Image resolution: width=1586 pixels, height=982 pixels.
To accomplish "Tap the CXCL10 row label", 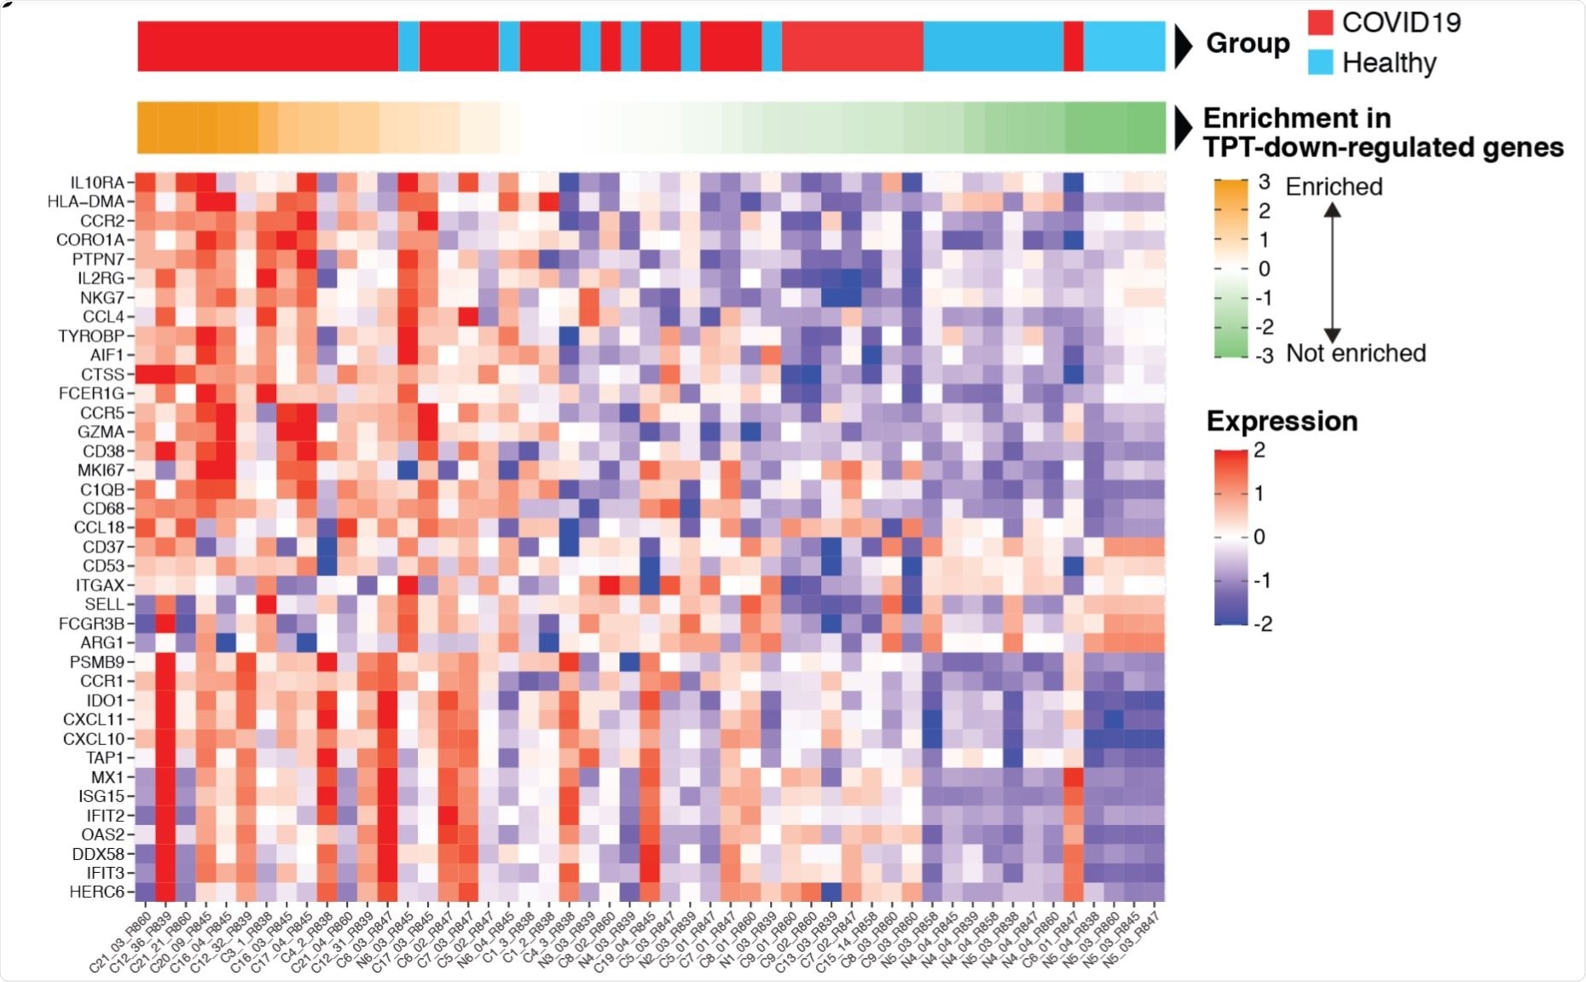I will coord(93,739).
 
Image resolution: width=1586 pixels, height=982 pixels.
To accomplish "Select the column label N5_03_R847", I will coord(1133,939).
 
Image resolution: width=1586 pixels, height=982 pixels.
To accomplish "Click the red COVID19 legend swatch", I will coord(1320,22).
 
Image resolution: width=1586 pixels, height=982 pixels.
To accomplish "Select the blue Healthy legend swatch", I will coord(1320,62).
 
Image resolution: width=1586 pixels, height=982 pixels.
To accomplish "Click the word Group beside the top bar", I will coord(1247,44).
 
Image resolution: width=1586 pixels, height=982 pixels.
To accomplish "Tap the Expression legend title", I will coord(1282,421).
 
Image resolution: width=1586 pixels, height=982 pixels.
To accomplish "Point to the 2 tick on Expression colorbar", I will coord(1259,450).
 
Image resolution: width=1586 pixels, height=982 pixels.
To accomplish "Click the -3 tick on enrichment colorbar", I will coord(1263,356).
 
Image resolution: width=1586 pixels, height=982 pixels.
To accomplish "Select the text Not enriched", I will coord(1356,353).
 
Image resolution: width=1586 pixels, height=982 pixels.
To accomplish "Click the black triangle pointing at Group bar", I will coord(1183,46).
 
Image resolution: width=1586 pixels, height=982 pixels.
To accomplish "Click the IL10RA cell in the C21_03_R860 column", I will coord(146,183).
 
